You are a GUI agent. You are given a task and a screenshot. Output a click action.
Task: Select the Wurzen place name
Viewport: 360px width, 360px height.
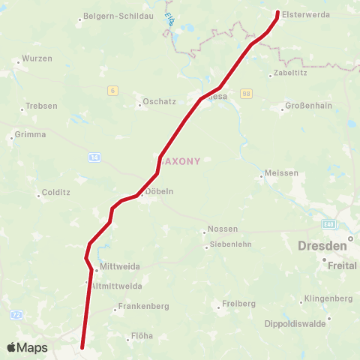coord(37,58)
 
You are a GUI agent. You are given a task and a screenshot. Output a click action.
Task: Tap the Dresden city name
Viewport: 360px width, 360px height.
coord(322,245)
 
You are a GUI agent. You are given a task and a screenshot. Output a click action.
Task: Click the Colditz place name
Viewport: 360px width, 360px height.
coord(56,192)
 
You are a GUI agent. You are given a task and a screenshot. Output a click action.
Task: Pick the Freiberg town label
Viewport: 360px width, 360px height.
coord(239,304)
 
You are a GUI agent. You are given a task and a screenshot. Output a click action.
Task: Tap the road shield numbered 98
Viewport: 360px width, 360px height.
coord(246,93)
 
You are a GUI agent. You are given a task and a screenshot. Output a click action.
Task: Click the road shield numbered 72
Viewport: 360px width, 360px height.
coord(16,313)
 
